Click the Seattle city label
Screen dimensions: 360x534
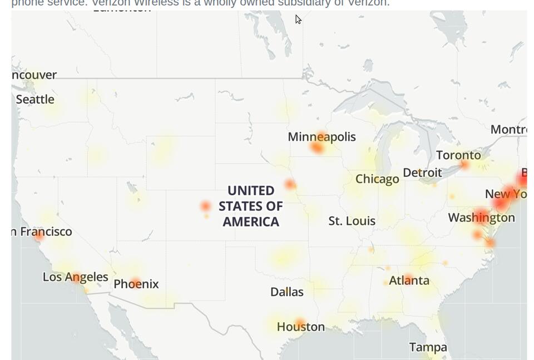[35, 100]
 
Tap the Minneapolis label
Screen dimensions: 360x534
[322, 137]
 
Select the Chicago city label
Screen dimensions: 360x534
[377, 179]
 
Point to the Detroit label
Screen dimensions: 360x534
[422, 172]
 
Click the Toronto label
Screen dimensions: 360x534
[458, 155]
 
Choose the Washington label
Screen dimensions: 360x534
[482, 218]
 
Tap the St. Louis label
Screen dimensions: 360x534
[352, 221]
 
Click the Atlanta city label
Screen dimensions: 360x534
[409, 280]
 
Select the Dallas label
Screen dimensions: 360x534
[286, 292]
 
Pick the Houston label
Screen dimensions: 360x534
[300, 327]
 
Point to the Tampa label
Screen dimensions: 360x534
[428, 348]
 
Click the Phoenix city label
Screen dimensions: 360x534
[136, 284]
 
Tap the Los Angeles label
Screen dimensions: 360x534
[75, 277]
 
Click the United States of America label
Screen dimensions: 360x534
[251, 206]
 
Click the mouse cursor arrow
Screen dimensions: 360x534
[298, 20]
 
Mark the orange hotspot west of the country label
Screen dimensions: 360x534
[206, 206]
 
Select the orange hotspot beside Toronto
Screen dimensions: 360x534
[465, 165]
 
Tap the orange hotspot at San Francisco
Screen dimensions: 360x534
[39, 235]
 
